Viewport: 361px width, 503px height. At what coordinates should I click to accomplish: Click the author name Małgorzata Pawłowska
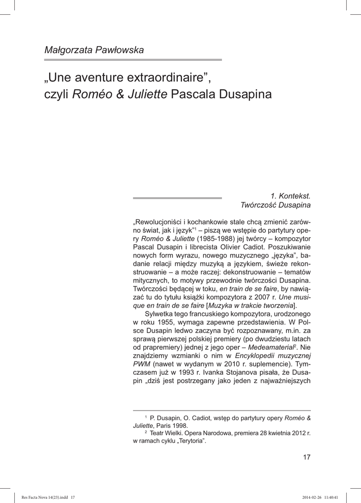pos(94,50)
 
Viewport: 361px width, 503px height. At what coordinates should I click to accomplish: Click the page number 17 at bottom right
pos(306,457)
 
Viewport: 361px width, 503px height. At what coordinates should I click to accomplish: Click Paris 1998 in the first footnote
pos(172,426)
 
